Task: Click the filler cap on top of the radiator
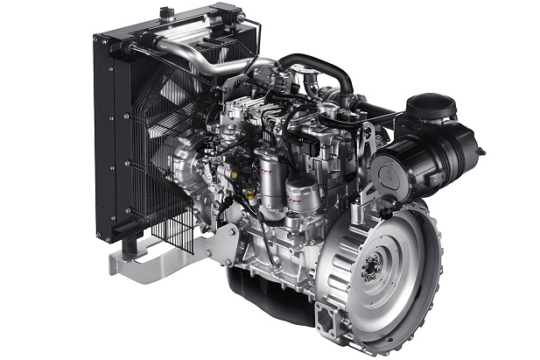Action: click(x=165, y=13)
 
